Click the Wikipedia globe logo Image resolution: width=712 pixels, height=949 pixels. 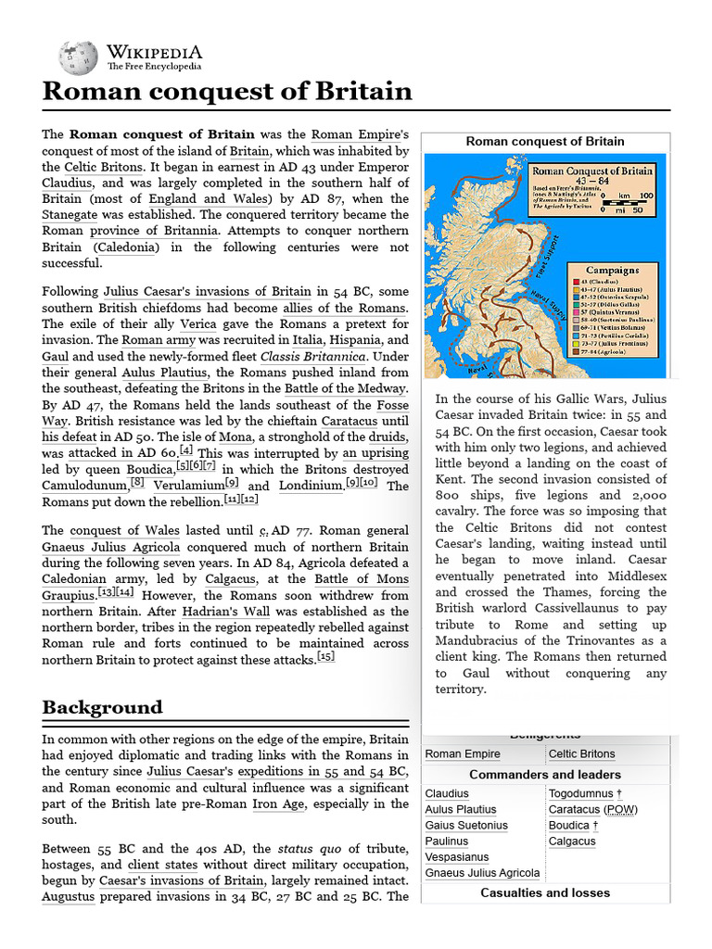77,57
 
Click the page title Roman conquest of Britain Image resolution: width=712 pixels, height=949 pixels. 227,91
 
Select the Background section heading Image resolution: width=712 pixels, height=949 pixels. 102,708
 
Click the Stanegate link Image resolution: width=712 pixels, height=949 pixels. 75,214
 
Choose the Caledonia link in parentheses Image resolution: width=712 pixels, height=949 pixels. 126,247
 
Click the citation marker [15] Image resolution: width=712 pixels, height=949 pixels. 325,657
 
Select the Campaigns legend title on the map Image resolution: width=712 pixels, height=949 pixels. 612,271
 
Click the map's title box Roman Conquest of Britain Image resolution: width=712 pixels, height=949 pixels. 591,171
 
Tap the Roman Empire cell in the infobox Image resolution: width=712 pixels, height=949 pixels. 463,753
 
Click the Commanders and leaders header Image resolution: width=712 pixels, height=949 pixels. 545,774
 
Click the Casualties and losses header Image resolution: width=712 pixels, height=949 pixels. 545,892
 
